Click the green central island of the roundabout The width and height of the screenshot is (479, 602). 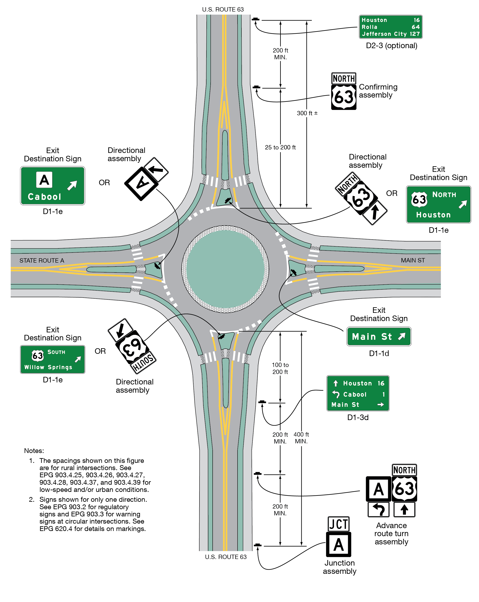tap(225, 269)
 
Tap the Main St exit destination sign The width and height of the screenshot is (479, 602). tap(379, 337)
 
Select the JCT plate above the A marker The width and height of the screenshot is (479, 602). tap(338, 524)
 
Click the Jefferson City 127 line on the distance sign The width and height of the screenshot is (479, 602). tap(390, 34)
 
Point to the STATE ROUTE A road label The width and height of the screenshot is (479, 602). tap(42, 261)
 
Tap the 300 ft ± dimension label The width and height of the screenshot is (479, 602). tap(307, 113)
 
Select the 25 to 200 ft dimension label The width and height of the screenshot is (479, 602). tap(280, 147)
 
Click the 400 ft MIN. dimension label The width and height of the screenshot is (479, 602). tap(301, 438)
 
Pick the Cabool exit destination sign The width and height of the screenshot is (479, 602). tap(52, 186)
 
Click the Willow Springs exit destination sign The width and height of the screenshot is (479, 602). tap(52, 359)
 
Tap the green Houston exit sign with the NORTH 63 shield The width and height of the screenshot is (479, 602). tap(438, 204)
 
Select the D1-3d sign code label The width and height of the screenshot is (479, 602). tap(358, 417)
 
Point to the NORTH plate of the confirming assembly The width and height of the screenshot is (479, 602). tap(344, 78)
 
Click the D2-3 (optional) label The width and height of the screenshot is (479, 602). tap(391, 45)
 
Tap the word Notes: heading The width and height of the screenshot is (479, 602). tap(34, 451)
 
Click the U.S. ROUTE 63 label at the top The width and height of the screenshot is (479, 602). tap(223, 9)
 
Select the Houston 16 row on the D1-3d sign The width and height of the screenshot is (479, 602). tap(358, 383)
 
